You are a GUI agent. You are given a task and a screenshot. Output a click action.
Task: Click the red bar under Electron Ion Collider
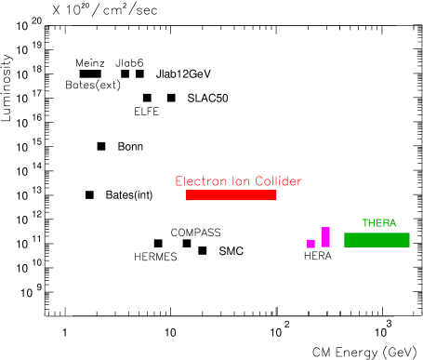pyautogui.click(x=231, y=195)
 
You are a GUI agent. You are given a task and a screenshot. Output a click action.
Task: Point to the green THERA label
pyautogui.click(x=378, y=223)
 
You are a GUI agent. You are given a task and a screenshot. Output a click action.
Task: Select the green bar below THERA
pyautogui.click(x=377, y=240)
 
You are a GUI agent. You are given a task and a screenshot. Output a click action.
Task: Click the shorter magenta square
pyautogui.click(x=311, y=244)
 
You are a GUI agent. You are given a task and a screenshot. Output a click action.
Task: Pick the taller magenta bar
pyautogui.click(x=325, y=237)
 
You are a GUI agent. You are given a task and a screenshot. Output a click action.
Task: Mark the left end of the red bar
pyautogui.click(x=188, y=195)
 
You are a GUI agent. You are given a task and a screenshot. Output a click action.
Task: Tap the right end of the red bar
pyautogui.click(x=275, y=195)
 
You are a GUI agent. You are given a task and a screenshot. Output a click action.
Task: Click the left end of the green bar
pyautogui.click(x=346, y=240)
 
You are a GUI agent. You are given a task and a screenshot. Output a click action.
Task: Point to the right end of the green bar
pyautogui.click(x=408, y=240)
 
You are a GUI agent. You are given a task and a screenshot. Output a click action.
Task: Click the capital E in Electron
pyautogui.click(x=178, y=181)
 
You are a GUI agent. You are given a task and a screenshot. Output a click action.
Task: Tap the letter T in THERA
pyautogui.click(x=364, y=223)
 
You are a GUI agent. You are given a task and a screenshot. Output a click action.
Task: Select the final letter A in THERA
pyautogui.click(x=392, y=223)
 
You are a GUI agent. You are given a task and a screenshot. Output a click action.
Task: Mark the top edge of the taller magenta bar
pyautogui.click(x=325, y=228)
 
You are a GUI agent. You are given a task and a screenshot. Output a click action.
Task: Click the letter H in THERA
pyautogui.click(x=371, y=223)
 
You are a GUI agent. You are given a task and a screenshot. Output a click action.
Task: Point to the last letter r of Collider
pyautogui.click(x=299, y=182)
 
